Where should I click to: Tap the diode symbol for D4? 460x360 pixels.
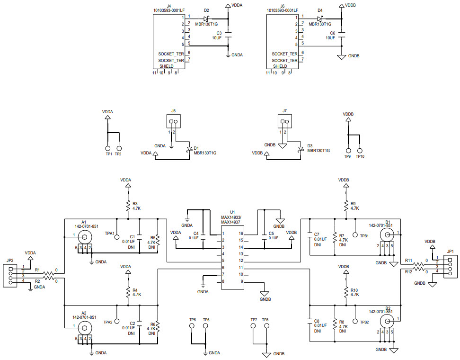(x=320, y=18)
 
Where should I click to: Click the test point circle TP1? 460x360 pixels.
(x=108, y=148)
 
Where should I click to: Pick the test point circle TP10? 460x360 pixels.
(x=360, y=150)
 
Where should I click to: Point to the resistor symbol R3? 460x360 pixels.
(x=127, y=205)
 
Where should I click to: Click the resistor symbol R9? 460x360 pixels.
(x=346, y=205)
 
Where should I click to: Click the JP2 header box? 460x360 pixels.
(x=10, y=275)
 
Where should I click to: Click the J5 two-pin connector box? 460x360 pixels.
(x=174, y=122)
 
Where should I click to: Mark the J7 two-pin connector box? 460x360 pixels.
(x=284, y=122)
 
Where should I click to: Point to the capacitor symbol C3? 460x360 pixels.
(x=228, y=35)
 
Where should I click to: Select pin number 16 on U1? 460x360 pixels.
(x=241, y=234)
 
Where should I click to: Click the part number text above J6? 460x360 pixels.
(x=283, y=9)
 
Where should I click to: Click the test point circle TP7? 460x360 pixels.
(x=254, y=326)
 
